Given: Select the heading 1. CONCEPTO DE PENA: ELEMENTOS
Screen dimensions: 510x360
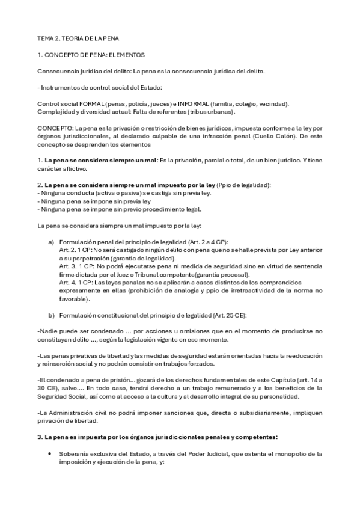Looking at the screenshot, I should [91, 55].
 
